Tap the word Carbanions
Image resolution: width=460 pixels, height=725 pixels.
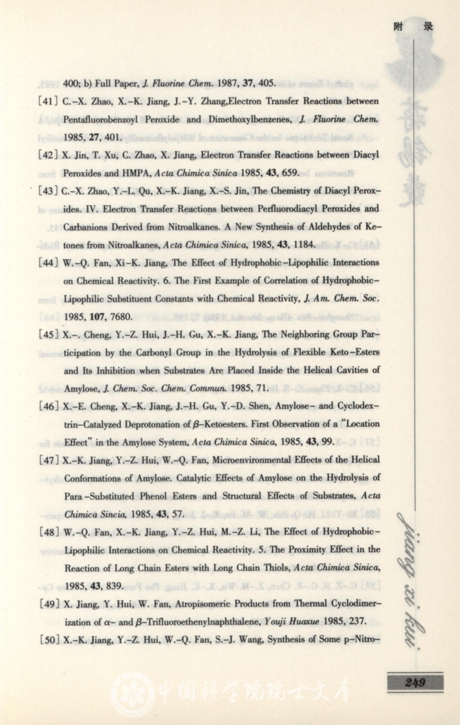coord(85,227)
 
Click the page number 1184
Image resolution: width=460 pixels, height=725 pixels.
coord(304,245)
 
